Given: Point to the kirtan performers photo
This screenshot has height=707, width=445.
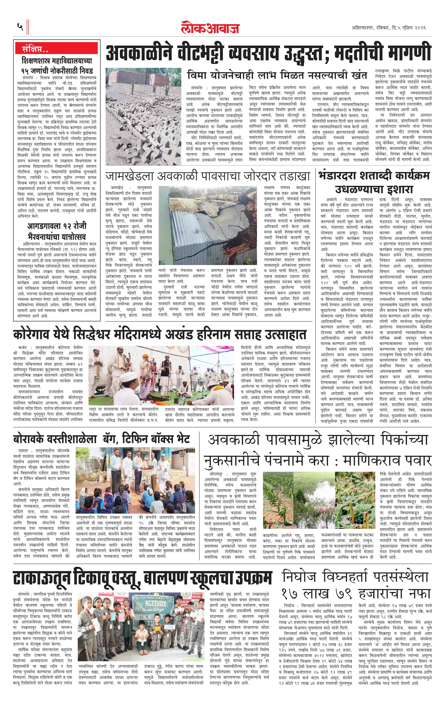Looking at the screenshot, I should tap(161, 375).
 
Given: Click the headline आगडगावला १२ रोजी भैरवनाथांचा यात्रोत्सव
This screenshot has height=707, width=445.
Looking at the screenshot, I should tap(57, 231).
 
